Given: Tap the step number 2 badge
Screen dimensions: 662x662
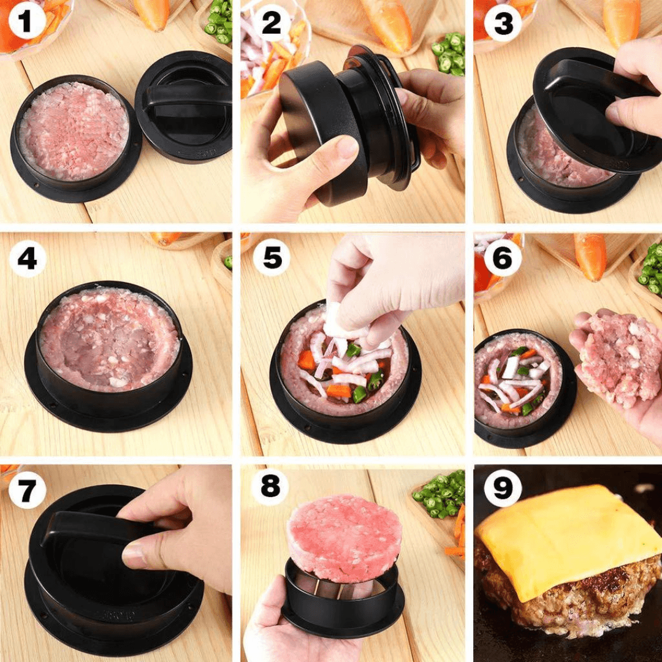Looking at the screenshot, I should (270, 23).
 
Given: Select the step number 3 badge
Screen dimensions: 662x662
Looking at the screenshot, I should (503, 23).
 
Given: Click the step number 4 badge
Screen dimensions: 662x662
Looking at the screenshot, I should (27, 259).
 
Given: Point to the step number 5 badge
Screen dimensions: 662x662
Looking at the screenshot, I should (270, 259).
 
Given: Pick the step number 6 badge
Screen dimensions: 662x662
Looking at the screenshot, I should (503, 259).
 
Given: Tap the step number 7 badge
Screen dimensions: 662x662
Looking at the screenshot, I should (27, 490).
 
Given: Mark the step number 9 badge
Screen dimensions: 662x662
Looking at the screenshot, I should (503, 488).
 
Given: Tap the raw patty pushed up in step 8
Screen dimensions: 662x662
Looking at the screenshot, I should (344, 536).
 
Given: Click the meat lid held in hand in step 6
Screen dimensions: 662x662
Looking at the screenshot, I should (619, 359).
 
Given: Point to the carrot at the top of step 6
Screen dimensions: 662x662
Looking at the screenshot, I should (590, 254).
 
